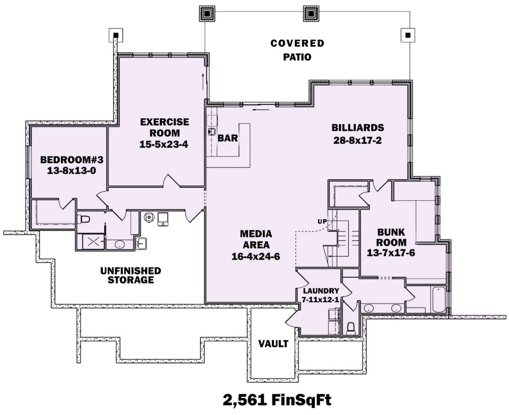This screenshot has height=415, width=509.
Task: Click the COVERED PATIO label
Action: click(x=297, y=50)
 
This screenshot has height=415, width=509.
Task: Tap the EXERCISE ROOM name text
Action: click(x=165, y=127)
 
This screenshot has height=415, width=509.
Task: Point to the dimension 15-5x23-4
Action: click(x=164, y=144)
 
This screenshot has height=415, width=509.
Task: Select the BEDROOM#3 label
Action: click(x=71, y=160)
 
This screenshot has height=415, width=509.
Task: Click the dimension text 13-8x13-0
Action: click(x=71, y=171)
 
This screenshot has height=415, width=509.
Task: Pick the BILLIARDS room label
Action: click(x=358, y=128)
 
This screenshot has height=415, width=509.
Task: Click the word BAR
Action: click(x=228, y=138)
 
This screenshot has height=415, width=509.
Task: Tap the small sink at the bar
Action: click(x=212, y=131)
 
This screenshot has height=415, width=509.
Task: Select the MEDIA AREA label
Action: click(x=256, y=239)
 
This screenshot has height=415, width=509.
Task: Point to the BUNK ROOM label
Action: click(x=391, y=237)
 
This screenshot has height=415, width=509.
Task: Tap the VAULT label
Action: click(x=273, y=344)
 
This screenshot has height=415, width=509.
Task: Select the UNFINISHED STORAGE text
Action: click(x=131, y=275)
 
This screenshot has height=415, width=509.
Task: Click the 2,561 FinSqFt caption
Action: click(x=277, y=400)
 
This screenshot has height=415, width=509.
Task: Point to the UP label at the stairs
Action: click(x=322, y=222)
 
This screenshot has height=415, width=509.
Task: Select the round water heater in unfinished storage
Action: click(x=149, y=217)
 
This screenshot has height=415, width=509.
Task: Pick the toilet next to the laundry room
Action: click(x=351, y=328)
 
